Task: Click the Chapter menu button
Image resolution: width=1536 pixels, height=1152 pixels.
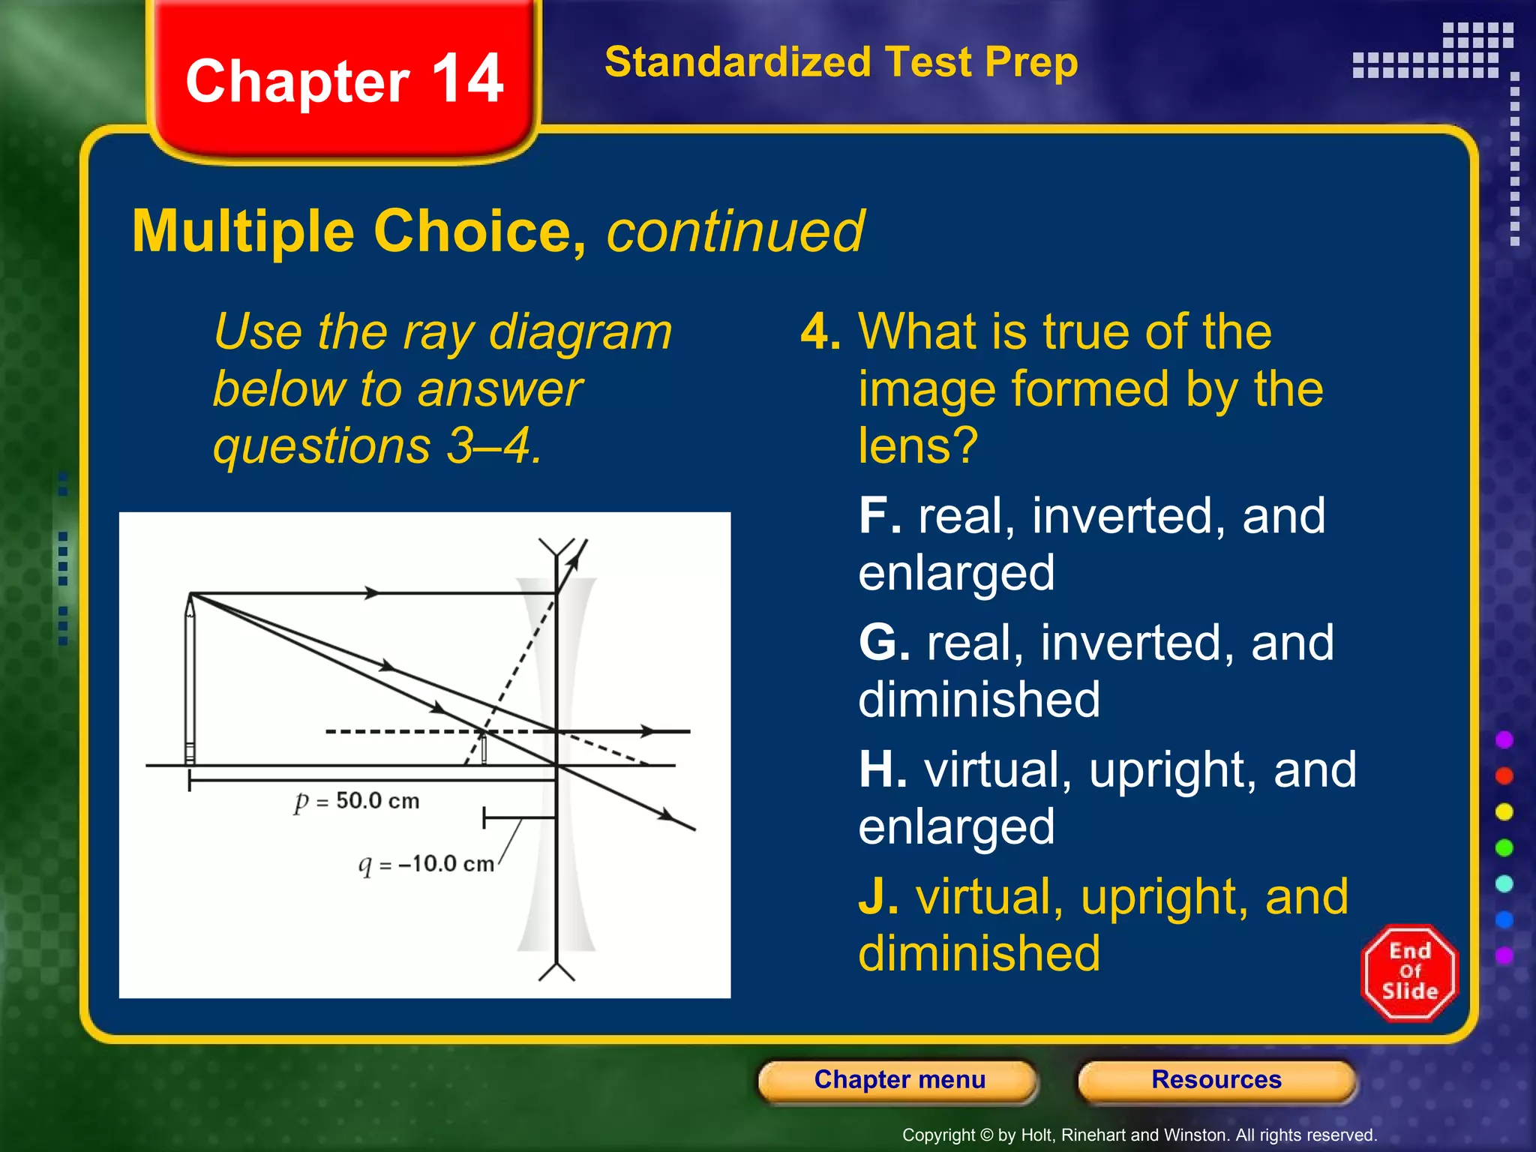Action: (x=898, y=1080)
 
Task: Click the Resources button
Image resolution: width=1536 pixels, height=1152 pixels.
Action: (x=1216, y=1080)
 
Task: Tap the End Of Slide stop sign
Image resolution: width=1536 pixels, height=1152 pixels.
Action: (x=1409, y=972)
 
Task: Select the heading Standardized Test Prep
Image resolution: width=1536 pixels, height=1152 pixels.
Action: (x=841, y=61)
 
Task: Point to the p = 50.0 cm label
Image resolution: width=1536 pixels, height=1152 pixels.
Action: (x=357, y=801)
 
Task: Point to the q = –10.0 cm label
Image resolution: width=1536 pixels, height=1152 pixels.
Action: (x=426, y=864)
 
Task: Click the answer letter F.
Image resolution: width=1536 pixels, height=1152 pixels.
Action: (x=879, y=516)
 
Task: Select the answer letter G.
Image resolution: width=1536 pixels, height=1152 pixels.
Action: (x=883, y=643)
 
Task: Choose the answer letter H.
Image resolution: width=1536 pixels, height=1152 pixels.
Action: (x=882, y=770)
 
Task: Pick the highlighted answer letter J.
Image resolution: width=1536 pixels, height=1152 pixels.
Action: (x=877, y=897)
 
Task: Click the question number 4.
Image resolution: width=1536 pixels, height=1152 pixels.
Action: (x=819, y=331)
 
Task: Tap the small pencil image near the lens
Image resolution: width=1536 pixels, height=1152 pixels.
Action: (x=484, y=748)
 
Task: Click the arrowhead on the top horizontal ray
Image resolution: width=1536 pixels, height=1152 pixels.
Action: (x=371, y=593)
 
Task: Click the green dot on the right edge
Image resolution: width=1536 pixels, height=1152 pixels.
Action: (x=1504, y=847)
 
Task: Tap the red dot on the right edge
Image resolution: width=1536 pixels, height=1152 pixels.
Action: (x=1504, y=775)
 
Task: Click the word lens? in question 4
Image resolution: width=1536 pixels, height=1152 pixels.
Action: (x=918, y=445)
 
